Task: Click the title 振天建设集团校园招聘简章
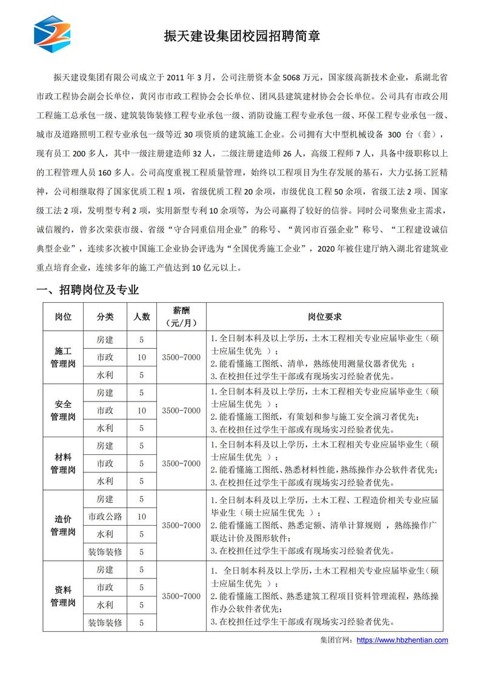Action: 242,36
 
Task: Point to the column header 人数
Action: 142,317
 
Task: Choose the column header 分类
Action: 105,317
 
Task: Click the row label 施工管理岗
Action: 63,357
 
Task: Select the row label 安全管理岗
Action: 63,410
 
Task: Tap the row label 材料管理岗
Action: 63,463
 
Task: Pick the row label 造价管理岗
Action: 63,525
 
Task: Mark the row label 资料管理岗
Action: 63,596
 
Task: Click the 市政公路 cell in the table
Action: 105,517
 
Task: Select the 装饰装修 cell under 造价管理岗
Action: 105,552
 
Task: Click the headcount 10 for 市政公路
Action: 142,517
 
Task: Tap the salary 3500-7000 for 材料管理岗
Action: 181,463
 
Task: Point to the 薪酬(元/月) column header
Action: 181,317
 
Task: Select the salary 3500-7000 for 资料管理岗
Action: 181,596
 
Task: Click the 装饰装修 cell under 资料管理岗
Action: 105,622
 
